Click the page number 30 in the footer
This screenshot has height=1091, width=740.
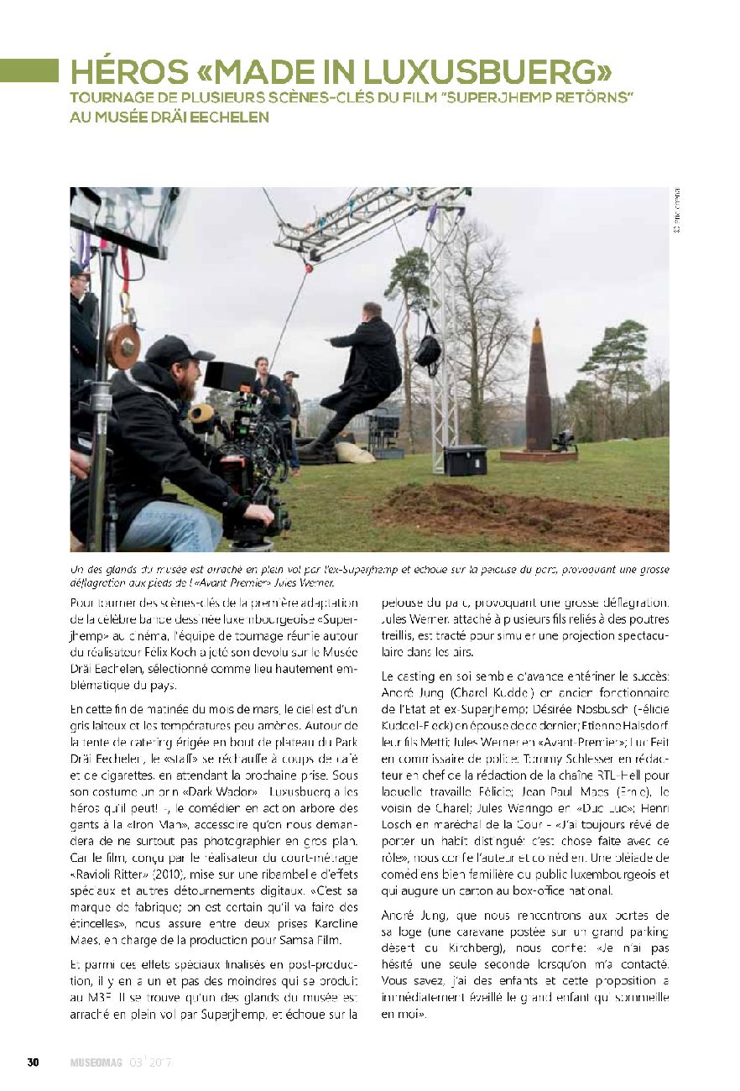[x=34, y=1062]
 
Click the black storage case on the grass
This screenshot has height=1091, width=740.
[x=465, y=460]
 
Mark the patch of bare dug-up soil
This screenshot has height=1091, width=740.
[x=512, y=508]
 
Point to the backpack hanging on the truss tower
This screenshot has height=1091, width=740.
[x=427, y=348]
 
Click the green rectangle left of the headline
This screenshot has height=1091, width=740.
[x=29, y=71]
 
